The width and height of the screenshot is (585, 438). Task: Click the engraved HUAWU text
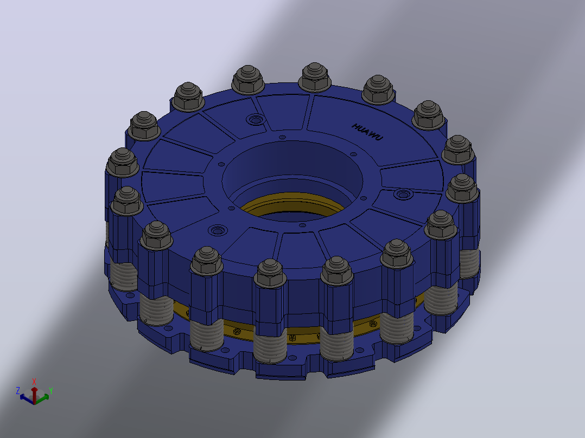(x=367, y=132)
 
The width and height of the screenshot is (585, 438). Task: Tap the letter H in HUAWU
(x=355, y=126)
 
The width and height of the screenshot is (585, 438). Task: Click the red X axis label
(x=34, y=381)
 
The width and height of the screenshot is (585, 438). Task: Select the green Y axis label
(x=51, y=391)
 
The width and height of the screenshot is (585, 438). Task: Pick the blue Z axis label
(x=17, y=390)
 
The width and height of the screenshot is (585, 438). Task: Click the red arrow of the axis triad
(x=34, y=395)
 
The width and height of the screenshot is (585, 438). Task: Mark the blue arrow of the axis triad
(x=27, y=398)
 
